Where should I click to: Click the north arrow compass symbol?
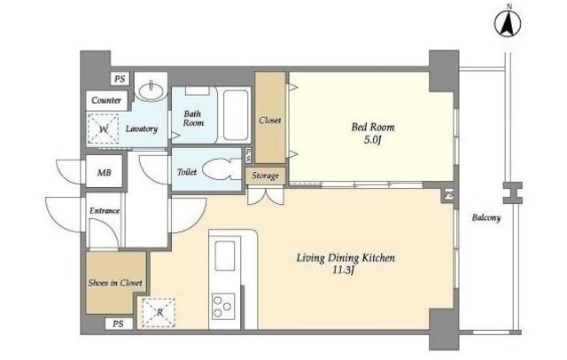pyautogui.click(x=509, y=24)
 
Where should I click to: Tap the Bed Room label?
pyautogui.click(x=373, y=127)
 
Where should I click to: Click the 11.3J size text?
pyautogui.click(x=343, y=270)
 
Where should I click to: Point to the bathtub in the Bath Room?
pyautogui.click(x=236, y=115)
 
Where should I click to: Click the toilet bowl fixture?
pyautogui.click(x=217, y=169)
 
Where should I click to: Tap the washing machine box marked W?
pyautogui.click(x=104, y=129)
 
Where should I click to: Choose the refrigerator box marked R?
pyautogui.click(x=159, y=313)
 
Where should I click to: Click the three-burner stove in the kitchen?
pyautogui.click(x=222, y=306)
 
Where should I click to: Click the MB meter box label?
pyautogui.click(x=105, y=173)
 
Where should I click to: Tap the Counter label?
pyautogui.click(x=106, y=100)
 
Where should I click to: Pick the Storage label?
pyautogui.click(x=266, y=176)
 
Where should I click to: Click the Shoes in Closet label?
pyautogui.click(x=115, y=283)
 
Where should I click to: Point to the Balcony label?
pyautogui.click(x=486, y=217)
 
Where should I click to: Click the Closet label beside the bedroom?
pyautogui.click(x=269, y=120)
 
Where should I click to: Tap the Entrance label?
pyautogui.click(x=105, y=210)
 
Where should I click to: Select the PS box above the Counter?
pyautogui.click(x=120, y=79)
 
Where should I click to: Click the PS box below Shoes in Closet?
pyautogui.click(x=118, y=324)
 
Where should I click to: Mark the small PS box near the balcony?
pyautogui.click(x=449, y=194)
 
